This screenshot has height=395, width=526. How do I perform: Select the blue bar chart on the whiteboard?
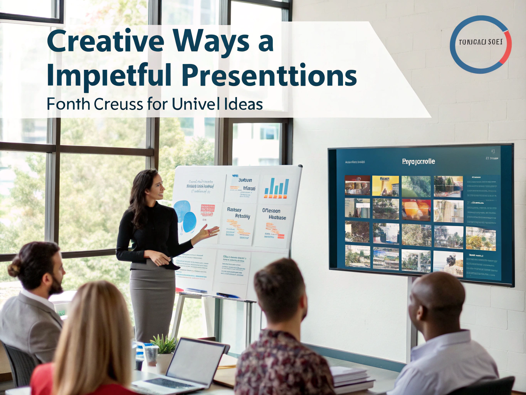tap(276, 188)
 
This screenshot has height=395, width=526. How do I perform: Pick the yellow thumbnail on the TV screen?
tap(385, 186)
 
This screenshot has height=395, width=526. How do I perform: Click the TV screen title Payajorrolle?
tap(418, 162)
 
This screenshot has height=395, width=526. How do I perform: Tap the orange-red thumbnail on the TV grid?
tap(416, 210)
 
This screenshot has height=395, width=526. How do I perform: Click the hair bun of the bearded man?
tap(14, 269)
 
